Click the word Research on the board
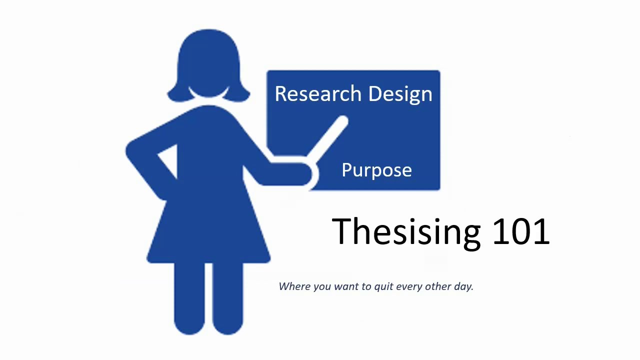pos(318,94)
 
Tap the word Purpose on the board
pos(376,170)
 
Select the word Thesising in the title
pos(406,231)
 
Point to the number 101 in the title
pos(521,231)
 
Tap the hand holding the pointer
pos(303,172)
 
